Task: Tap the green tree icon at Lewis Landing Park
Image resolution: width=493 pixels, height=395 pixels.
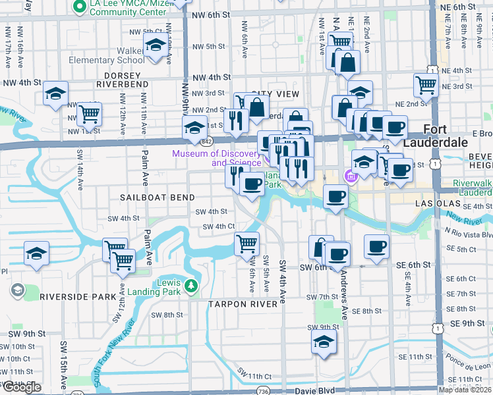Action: click(x=191, y=286)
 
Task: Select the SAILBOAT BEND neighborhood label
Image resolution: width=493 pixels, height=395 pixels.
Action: click(x=158, y=197)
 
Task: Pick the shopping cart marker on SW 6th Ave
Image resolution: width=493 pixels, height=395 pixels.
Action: click(x=247, y=244)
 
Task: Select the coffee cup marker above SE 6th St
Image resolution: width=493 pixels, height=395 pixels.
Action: click(x=376, y=247)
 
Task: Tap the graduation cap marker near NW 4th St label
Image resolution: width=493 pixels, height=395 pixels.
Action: click(x=56, y=93)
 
